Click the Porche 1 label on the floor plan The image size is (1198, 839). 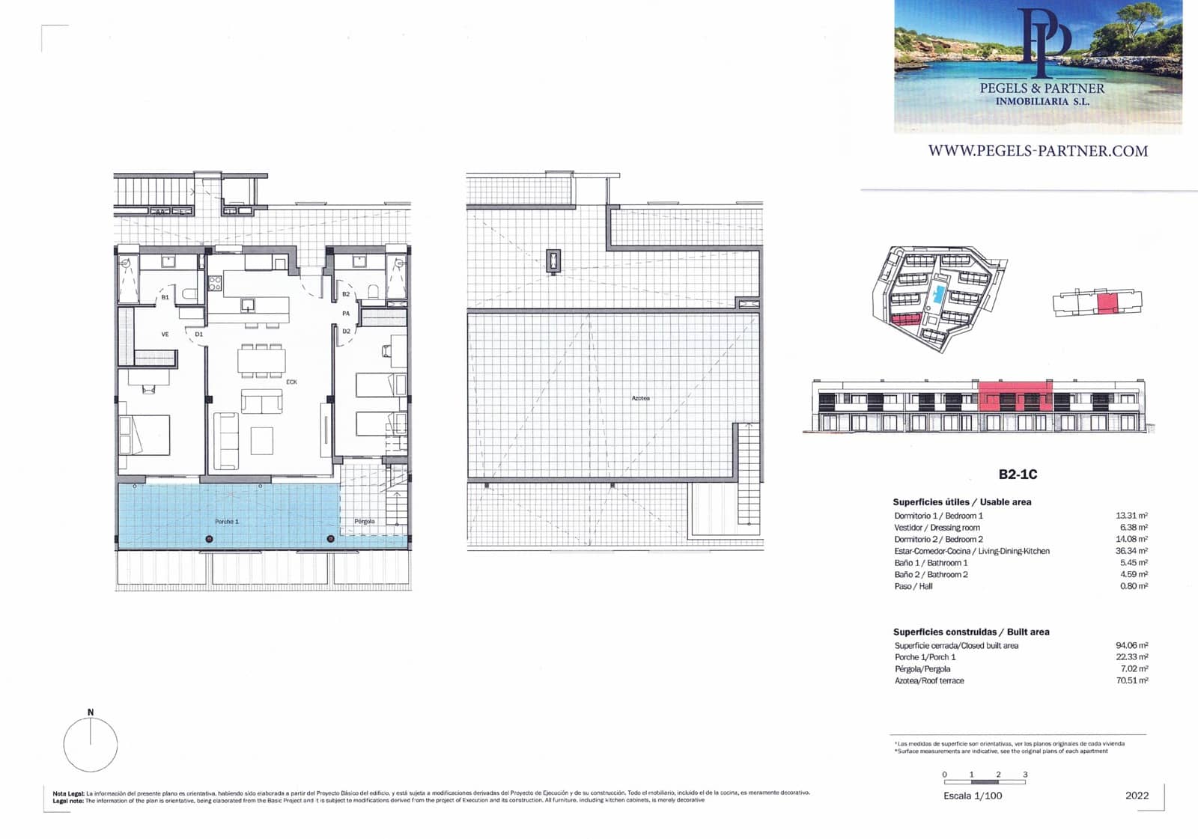(226, 522)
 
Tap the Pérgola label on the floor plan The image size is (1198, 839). (365, 522)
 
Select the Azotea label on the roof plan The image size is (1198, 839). (640, 398)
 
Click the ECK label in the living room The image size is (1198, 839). (291, 382)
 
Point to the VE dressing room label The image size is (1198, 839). (165, 335)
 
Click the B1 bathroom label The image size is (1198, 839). (165, 297)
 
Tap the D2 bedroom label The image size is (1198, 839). (346, 331)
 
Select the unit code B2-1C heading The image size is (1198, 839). (1018, 475)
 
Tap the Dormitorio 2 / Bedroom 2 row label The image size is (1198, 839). (938, 539)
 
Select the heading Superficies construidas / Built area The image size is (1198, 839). (970, 632)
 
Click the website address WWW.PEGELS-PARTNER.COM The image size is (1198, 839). (1038, 150)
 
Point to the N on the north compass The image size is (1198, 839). (91, 712)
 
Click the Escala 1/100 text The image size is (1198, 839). (973, 796)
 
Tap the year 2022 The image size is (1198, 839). (1137, 796)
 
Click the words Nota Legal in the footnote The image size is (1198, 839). (69, 793)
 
